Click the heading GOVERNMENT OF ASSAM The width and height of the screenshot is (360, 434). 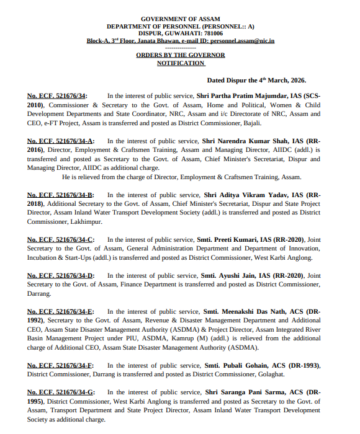point(180,19)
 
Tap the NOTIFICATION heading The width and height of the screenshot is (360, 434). point(181,63)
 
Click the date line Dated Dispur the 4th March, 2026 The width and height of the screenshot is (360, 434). point(256,80)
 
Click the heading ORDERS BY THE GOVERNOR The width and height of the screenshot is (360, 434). point(181,55)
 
